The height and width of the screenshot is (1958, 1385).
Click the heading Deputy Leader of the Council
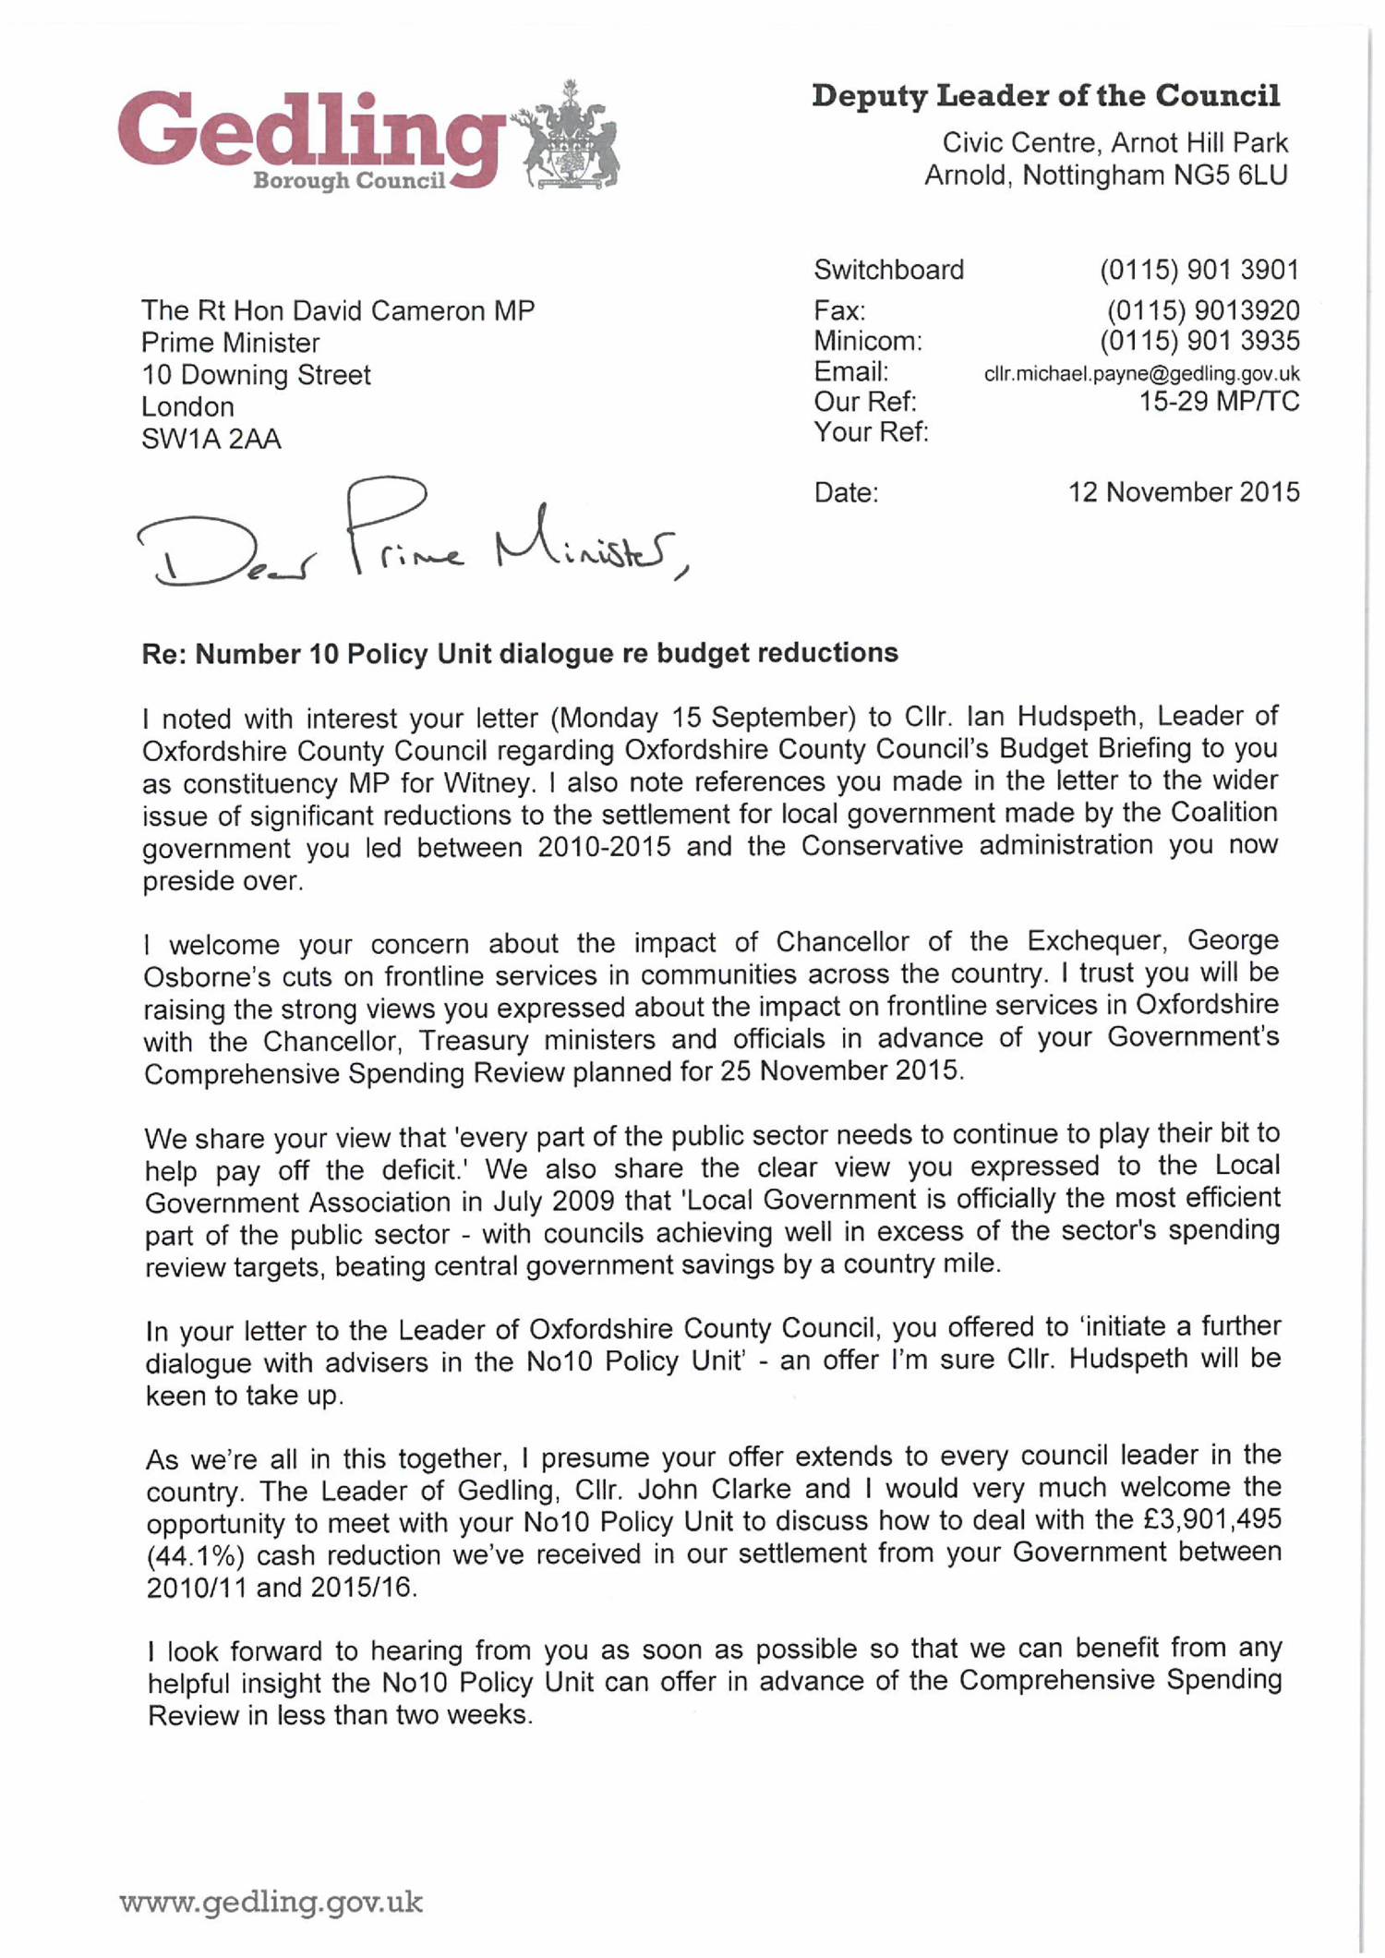[x=1045, y=96]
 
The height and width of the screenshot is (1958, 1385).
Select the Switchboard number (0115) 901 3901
[x=1198, y=271]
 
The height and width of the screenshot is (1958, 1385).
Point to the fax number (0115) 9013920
[x=1202, y=310]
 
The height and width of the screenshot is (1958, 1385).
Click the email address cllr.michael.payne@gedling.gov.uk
[x=1141, y=374]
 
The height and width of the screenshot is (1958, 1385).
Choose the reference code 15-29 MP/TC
[x=1219, y=402]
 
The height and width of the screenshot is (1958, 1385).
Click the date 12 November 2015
[x=1183, y=492]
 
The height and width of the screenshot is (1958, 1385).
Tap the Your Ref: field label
[x=871, y=432]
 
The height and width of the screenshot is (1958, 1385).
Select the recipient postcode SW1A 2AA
[x=211, y=440]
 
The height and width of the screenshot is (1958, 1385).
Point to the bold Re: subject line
[x=519, y=654]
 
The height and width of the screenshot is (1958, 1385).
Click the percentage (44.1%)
[x=195, y=1555]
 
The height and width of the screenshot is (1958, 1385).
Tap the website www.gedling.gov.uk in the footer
[x=271, y=1903]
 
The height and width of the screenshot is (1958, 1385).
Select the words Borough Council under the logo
[x=349, y=181]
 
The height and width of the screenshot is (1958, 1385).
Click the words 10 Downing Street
[x=256, y=375]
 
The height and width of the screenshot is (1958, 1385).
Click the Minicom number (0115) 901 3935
[x=1198, y=342]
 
